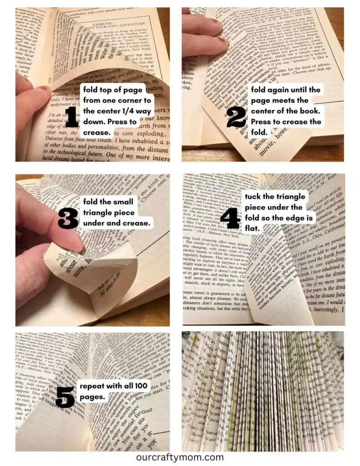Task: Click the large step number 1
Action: click(x=72, y=117)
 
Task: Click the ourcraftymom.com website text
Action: click(x=180, y=457)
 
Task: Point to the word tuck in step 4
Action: click(x=253, y=197)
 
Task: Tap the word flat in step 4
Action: click(x=252, y=228)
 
